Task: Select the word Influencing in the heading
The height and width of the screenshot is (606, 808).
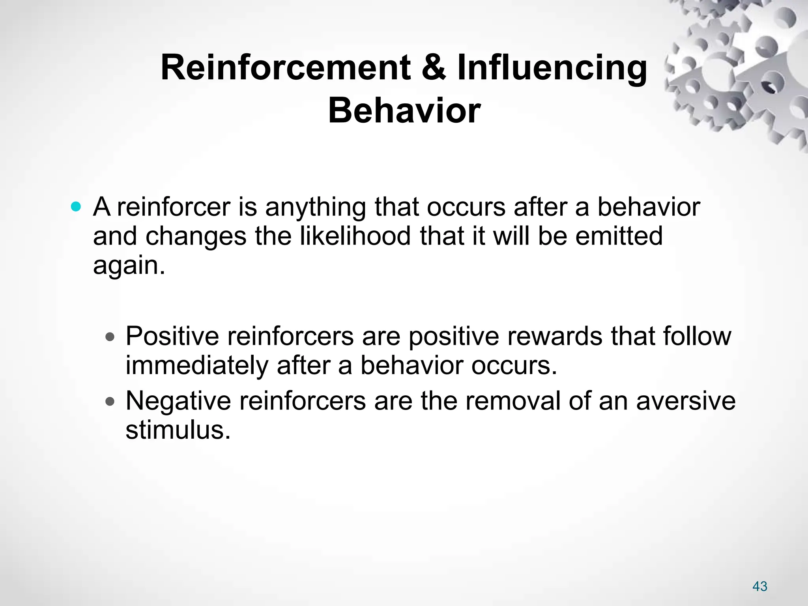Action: click(552, 68)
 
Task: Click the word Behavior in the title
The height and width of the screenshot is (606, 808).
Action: click(404, 110)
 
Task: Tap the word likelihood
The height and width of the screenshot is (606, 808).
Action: click(355, 236)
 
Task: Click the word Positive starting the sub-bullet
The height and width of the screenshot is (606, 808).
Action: click(172, 336)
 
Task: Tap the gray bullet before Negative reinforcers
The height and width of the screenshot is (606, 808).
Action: click(110, 402)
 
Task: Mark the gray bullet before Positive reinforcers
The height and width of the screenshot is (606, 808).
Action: click(110, 337)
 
